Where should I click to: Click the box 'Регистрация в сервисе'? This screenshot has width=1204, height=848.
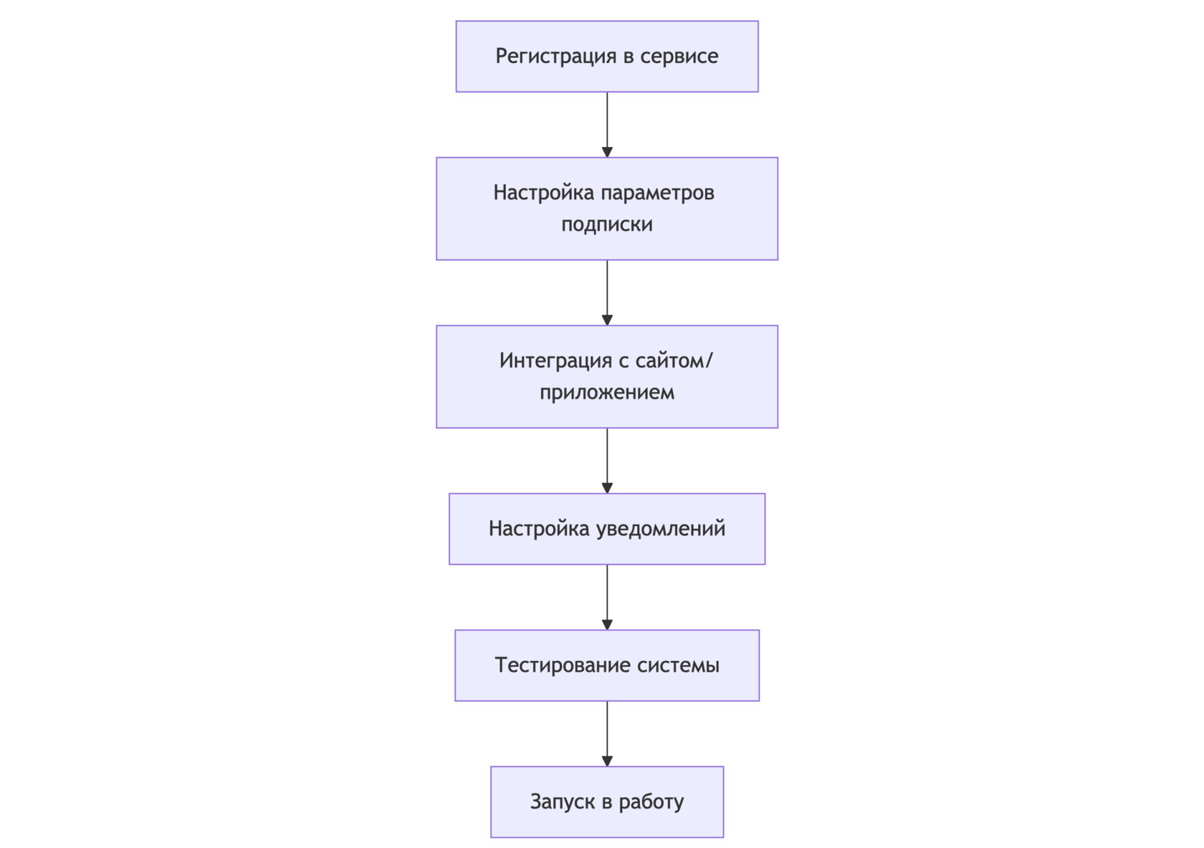click(x=607, y=57)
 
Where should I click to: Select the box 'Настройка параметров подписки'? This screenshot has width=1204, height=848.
click(x=607, y=209)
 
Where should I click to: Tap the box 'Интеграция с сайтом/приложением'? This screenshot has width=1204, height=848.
click(x=607, y=376)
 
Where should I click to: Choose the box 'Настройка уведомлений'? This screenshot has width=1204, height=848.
click(x=607, y=529)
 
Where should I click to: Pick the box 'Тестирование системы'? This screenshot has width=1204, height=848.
click(x=607, y=665)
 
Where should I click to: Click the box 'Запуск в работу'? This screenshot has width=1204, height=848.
click(x=607, y=801)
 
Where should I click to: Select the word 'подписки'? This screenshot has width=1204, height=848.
click(x=607, y=224)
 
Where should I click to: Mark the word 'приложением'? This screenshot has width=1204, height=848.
click(x=607, y=393)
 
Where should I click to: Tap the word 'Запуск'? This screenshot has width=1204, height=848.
click(x=563, y=802)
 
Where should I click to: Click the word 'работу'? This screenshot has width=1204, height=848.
click(x=651, y=802)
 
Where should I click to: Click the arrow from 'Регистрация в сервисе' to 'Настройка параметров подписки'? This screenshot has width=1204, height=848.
click(x=607, y=125)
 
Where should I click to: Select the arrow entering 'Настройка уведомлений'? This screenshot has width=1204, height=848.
click(x=607, y=461)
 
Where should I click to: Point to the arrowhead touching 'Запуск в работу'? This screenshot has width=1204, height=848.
click(x=607, y=761)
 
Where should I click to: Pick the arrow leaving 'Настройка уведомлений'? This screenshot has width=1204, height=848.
click(x=607, y=597)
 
